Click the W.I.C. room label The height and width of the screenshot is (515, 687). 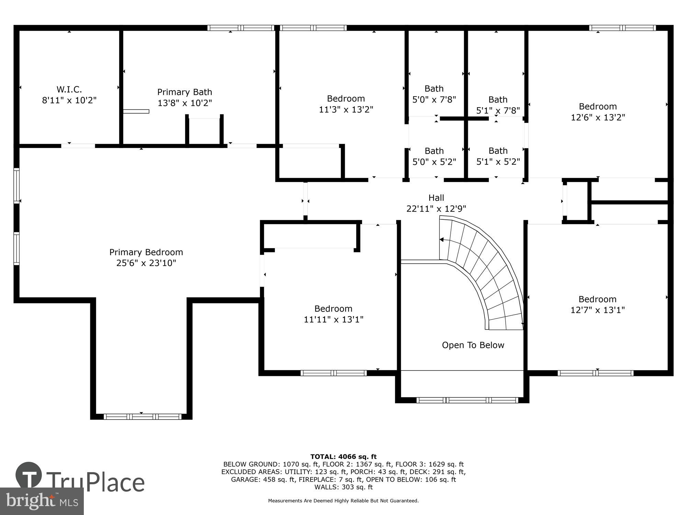69,90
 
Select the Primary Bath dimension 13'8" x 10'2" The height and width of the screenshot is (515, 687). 184,103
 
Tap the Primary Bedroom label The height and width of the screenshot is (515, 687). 146,252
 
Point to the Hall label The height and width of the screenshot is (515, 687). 436,198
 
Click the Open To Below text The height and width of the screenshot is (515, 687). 473,345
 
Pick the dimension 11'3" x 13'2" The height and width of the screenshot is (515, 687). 346,110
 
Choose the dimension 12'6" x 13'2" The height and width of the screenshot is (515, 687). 598,117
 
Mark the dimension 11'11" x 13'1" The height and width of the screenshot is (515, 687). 333,320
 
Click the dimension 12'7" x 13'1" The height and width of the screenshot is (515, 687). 597,310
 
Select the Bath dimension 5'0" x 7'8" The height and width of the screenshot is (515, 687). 434,100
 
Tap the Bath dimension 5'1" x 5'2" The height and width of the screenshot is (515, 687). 498,162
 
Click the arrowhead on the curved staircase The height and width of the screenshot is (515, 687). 442,240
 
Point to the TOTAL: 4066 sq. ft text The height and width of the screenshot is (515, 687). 343,457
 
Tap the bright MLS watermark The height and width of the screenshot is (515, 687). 42,502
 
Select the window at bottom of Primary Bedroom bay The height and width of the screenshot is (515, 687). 142,416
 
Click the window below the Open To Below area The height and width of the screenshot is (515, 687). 467,400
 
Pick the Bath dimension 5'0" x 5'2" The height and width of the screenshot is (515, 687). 434,162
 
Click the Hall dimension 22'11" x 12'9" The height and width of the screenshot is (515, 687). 436,209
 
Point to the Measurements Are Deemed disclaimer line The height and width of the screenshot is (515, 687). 343,501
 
